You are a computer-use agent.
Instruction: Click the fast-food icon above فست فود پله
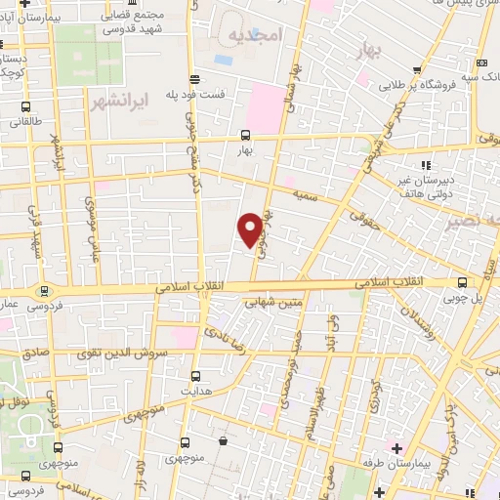(195, 80)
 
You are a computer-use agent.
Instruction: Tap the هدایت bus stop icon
(195, 376)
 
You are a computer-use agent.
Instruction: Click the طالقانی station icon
(24, 108)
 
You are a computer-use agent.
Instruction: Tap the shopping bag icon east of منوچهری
(224, 441)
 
